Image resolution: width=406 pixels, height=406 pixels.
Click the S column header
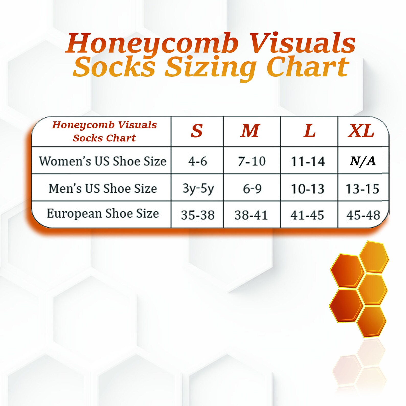197,131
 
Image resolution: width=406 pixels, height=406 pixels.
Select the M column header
251,131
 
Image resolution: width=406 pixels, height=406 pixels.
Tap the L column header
309,131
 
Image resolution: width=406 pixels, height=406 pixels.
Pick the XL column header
361,131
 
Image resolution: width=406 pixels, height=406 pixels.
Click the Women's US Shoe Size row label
103,161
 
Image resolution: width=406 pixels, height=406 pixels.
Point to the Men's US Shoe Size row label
103,189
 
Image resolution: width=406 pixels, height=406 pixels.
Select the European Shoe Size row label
103,213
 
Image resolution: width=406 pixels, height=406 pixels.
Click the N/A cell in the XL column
363,161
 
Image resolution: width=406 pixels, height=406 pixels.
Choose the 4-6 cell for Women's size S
198,161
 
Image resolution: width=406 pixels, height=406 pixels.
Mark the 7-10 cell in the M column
252,161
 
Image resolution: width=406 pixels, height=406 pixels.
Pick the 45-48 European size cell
363,215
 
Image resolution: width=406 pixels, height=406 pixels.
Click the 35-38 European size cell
198,215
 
